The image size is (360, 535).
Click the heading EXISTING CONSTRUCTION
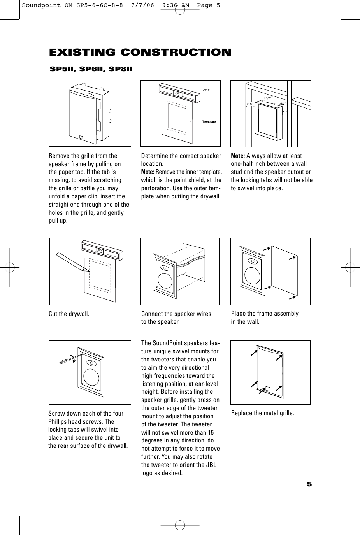pyautogui.click(x=140, y=52)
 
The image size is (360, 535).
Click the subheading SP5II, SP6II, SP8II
pyautogui.click(x=91, y=69)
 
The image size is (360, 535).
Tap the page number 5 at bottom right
pyautogui.click(x=309, y=484)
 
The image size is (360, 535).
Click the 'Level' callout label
pyautogui.click(x=206, y=89)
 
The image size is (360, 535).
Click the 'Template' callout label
pyautogui.click(x=209, y=122)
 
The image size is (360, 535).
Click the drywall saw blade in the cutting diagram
pyautogui.click(x=72, y=262)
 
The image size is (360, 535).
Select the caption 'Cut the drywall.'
pyautogui.click(x=69, y=314)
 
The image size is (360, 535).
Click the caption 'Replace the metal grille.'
pyautogui.click(x=262, y=413)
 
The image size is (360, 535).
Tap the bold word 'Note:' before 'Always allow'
pyautogui.click(x=238, y=156)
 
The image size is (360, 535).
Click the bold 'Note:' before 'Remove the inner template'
pyautogui.click(x=148, y=172)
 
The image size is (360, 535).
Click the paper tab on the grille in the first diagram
pyautogui.click(x=81, y=137)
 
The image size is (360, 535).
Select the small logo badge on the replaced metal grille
pyautogui.click(x=267, y=389)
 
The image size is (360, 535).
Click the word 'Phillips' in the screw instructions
pyautogui.click(x=59, y=422)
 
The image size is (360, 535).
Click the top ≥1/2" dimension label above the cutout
pyautogui.click(x=268, y=98)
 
